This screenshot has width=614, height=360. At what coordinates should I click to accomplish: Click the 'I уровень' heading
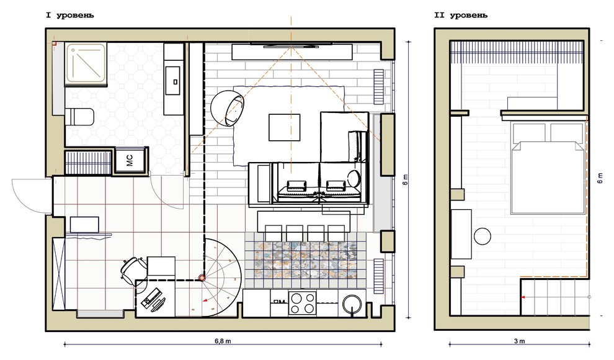[x=70, y=16]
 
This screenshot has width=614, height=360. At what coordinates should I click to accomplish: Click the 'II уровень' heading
[x=461, y=16]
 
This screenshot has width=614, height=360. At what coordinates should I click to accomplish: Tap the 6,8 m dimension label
[x=223, y=341]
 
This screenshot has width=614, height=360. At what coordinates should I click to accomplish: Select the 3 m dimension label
[x=520, y=341]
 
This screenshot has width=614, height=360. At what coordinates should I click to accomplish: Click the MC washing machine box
[x=130, y=160]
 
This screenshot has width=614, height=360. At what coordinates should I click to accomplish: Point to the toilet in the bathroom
[x=79, y=117]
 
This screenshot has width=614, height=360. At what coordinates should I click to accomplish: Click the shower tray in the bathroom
[x=86, y=65]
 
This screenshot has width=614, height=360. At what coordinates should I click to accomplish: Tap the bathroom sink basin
[x=172, y=81]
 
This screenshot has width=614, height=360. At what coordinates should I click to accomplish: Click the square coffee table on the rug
[x=284, y=127]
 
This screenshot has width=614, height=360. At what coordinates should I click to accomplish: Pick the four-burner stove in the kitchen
[x=303, y=303]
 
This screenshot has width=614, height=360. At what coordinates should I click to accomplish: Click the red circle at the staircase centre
[x=202, y=278]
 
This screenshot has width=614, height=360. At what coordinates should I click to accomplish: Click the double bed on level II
[x=548, y=168]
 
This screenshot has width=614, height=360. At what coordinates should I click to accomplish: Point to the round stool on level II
[x=483, y=236]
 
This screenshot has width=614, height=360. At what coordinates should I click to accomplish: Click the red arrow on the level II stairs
[x=523, y=298]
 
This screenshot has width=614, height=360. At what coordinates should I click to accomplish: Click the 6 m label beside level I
[x=405, y=179]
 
